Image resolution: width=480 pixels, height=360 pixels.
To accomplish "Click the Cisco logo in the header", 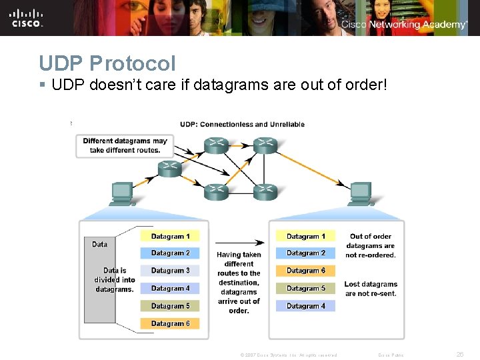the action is (x=27, y=18).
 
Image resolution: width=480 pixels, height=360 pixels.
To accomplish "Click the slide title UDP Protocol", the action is (x=107, y=63).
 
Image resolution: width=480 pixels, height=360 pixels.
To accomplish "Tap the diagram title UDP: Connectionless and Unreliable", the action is (x=242, y=124).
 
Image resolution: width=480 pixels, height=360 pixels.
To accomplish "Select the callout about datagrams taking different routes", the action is (x=125, y=145).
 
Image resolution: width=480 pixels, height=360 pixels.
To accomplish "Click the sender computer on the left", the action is (x=122, y=193).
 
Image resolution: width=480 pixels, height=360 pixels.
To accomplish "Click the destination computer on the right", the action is (x=361, y=193).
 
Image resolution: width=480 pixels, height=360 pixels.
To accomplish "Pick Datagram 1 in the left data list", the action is (x=170, y=236).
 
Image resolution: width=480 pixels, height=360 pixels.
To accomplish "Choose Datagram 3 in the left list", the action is (x=170, y=271).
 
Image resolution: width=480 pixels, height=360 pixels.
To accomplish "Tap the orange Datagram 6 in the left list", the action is (x=170, y=323).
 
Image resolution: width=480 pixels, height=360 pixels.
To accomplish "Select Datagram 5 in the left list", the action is (x=170, y=306).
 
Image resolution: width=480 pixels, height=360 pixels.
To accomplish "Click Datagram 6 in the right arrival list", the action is (x=306, y=271).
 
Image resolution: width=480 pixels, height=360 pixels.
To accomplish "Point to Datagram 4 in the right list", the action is (x=306, y=306).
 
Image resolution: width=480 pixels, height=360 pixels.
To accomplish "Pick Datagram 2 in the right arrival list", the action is (x=306, y=253).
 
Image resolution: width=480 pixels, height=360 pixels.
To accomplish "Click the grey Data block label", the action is (x=99, y=244).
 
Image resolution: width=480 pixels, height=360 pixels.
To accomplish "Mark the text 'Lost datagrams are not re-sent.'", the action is (x=370, y=289).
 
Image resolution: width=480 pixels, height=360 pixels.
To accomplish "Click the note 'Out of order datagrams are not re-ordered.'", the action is (x=370, y=245).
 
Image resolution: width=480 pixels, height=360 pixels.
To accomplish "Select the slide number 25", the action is (x=459, y=355).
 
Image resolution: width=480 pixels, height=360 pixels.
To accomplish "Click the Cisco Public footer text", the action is (x=391, y=355).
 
